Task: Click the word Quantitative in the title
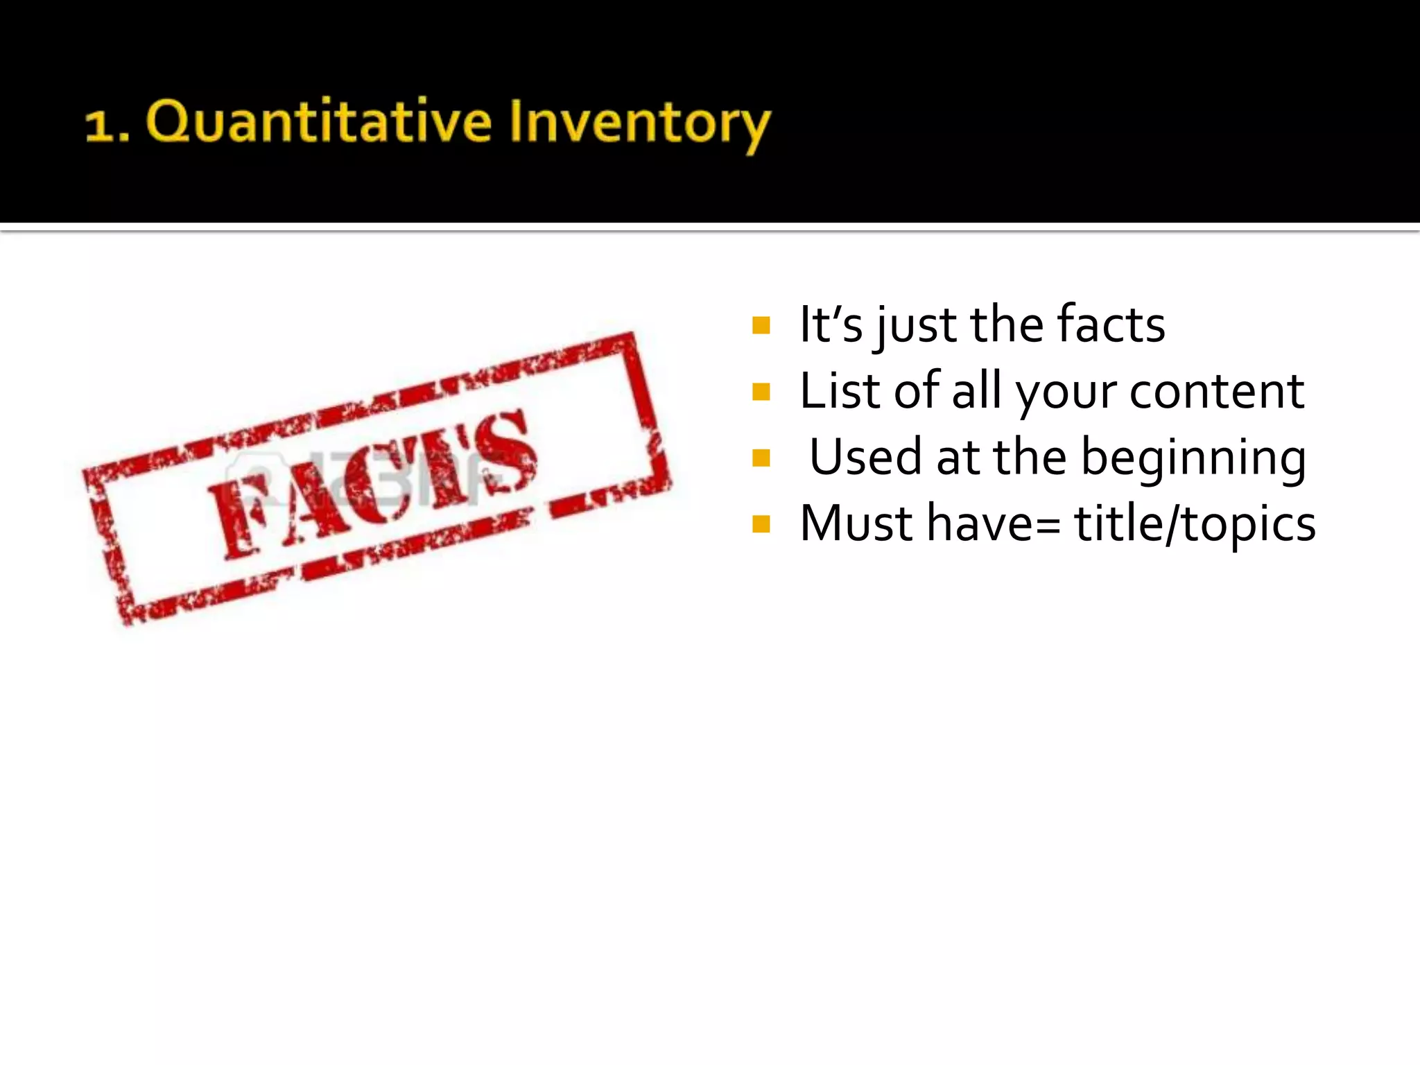click(x=319, y=123)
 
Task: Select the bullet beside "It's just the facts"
click(x=761, y=325)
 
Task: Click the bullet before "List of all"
click(x=761, y=392)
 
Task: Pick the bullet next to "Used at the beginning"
click(x=761, y=458)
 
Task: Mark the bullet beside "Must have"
click(x=761, y=523)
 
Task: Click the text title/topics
click(x=1194, y=524)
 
